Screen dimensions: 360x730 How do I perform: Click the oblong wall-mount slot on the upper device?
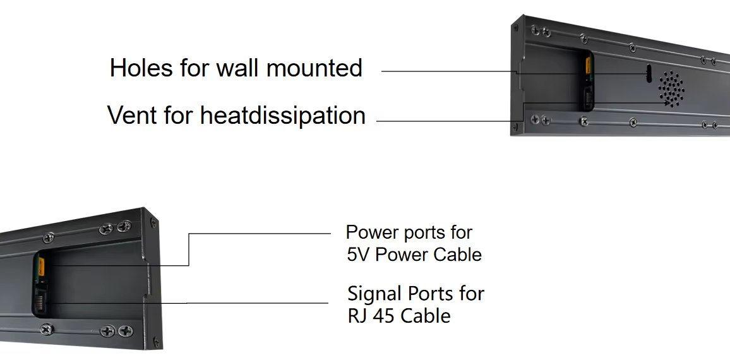click(649, 73)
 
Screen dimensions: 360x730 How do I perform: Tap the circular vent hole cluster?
click(672, 88)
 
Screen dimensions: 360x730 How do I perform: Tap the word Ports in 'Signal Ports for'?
click(429, 293)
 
